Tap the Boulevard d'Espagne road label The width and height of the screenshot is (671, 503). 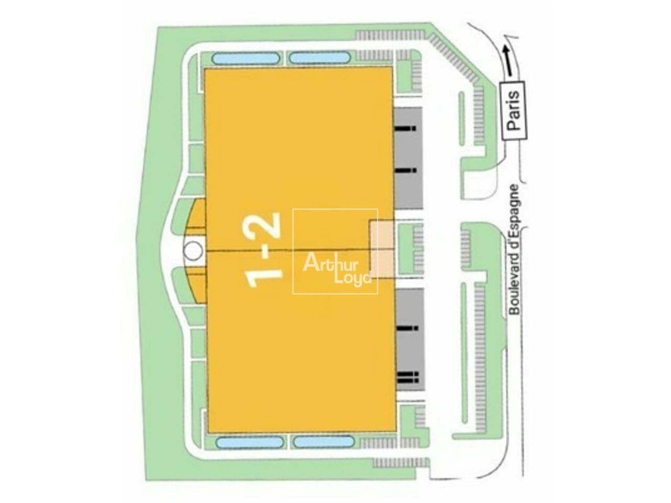[514, 249]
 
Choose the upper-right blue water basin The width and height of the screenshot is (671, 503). [319, 57]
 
